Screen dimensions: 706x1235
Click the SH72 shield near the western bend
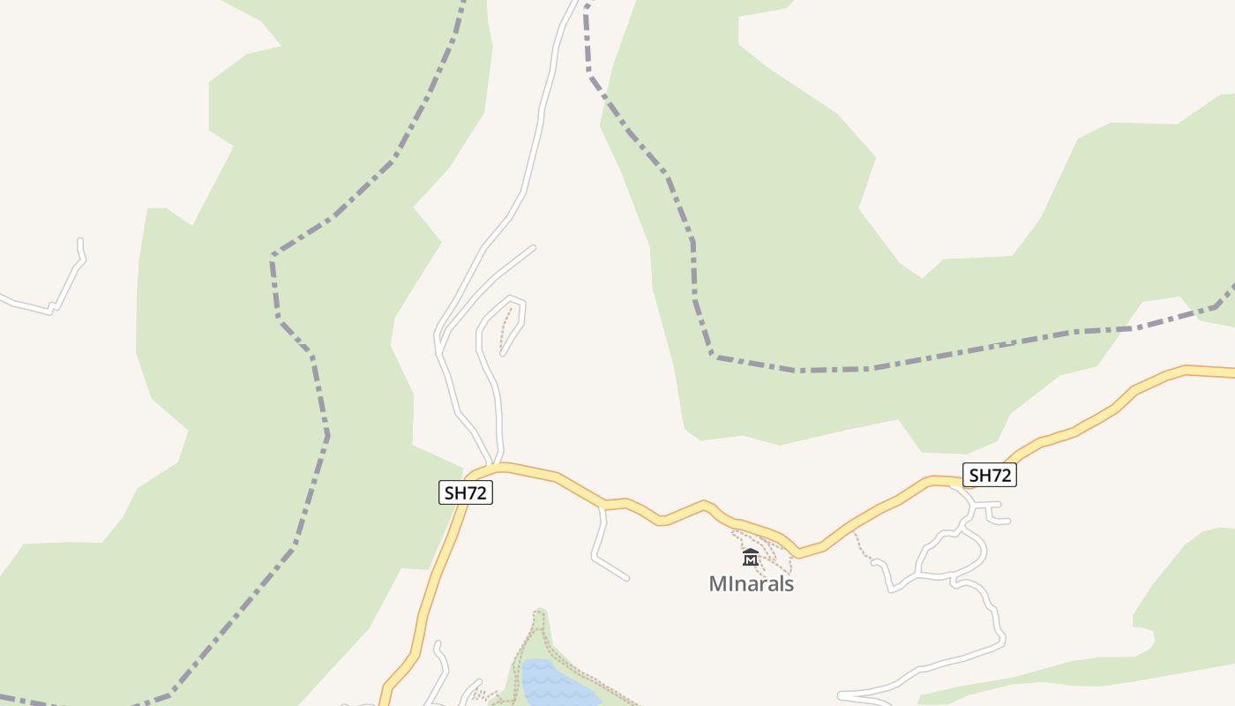(465, 492)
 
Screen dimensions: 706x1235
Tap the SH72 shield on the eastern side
(989, 475)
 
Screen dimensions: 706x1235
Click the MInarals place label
(752, 584)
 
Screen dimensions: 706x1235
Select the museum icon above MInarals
(751, 557)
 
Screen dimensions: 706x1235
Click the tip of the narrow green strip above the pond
(540, 612)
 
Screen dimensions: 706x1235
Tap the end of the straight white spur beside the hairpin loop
(533, 247)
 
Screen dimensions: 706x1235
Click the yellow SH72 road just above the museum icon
(750, 525)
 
